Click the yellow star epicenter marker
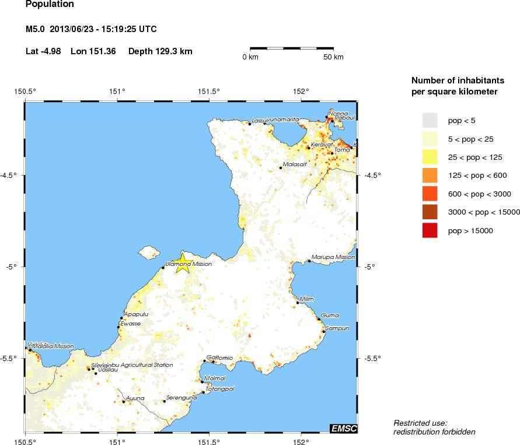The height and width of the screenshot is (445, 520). (x=182, y=262)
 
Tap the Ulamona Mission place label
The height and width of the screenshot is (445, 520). (x=189, y=264)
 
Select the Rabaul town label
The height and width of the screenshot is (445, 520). (x=344, y=118)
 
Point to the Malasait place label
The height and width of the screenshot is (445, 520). (x=295, y=164)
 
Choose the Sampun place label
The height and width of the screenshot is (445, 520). (x=337, y=328)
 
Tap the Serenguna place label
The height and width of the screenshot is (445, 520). (x=182, y=398)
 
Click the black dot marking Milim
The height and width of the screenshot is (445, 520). (x=297, y=302)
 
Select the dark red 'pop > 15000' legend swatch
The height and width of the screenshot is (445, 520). (x=429, y=231)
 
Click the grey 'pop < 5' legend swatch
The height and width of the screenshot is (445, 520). (x=429, y=121)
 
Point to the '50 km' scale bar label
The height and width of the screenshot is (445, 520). (x=333, y=57)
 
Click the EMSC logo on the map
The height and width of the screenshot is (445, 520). (x=343, y=429)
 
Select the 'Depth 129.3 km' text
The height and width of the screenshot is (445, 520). (x=160, y=51)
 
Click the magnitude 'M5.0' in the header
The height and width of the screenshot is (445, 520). (x=35, y=29)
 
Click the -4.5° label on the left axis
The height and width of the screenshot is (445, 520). (x=11, y=175)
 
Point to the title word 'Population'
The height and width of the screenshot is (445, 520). (x=50, y=5)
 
